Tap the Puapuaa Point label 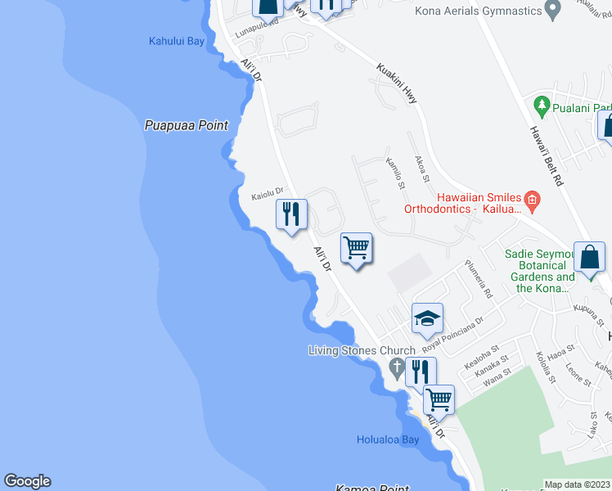tap(186, 125)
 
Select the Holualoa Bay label tap(388, 439)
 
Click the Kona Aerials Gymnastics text tap(479, 11)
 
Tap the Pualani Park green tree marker tap(541, 106)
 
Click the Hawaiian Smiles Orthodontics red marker tap(532, 198)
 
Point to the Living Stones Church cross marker tap(397, 366)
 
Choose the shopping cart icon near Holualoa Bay tap(439, 399)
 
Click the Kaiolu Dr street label tap(267, 193)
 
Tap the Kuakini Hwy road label tap(397, 83)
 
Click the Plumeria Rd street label tap(479, 279)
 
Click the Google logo tap(27, 481)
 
